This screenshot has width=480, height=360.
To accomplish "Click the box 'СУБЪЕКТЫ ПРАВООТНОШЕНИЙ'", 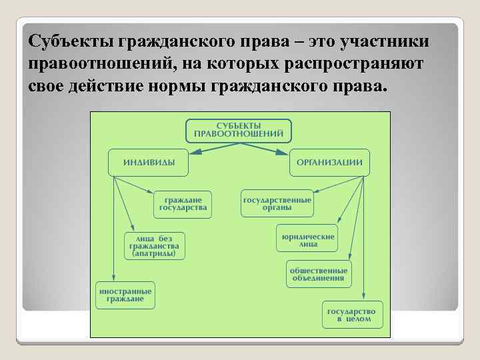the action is click(x=238, y=130).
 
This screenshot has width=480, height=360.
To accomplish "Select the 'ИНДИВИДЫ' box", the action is click(x=147, y=163).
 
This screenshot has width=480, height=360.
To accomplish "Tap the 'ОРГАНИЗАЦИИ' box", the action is click(x=329, y=163).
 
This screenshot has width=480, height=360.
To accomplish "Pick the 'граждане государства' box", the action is click(x=183, y=204).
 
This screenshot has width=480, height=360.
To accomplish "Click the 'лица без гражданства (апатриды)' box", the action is click(x=154, y=245).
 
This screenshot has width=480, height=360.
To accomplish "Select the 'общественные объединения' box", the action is click(x=317, y=273).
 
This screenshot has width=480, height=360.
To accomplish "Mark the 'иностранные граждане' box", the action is click(x=125, y=295).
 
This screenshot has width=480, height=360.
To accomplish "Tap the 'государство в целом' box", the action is click(x=353, y=315).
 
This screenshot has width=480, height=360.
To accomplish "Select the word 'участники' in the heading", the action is click(x=385, y=42).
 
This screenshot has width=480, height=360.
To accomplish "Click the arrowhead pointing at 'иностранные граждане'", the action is click(x=115, y=278).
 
